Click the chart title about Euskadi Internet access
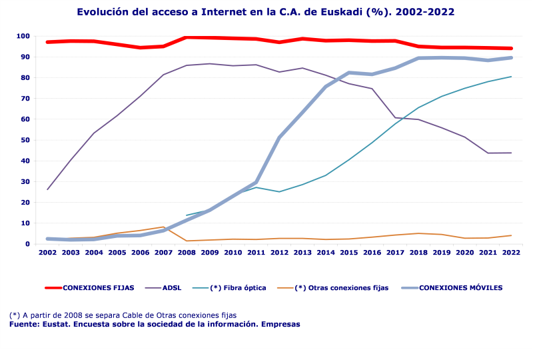coord(266,12)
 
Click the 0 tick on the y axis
coord(28,244)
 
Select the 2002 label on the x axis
coord(47,253)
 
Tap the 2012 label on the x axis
coord(279,253)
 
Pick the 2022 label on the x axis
coord(511,253)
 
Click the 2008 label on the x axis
coord(187,253)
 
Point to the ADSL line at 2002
coord(47,189)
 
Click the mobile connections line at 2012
coord(279,137)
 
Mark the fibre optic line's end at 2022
coord(511,77)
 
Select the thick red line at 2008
coord(187,37)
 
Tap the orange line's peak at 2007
coord(163,227)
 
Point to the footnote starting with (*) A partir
coord(123,315)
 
